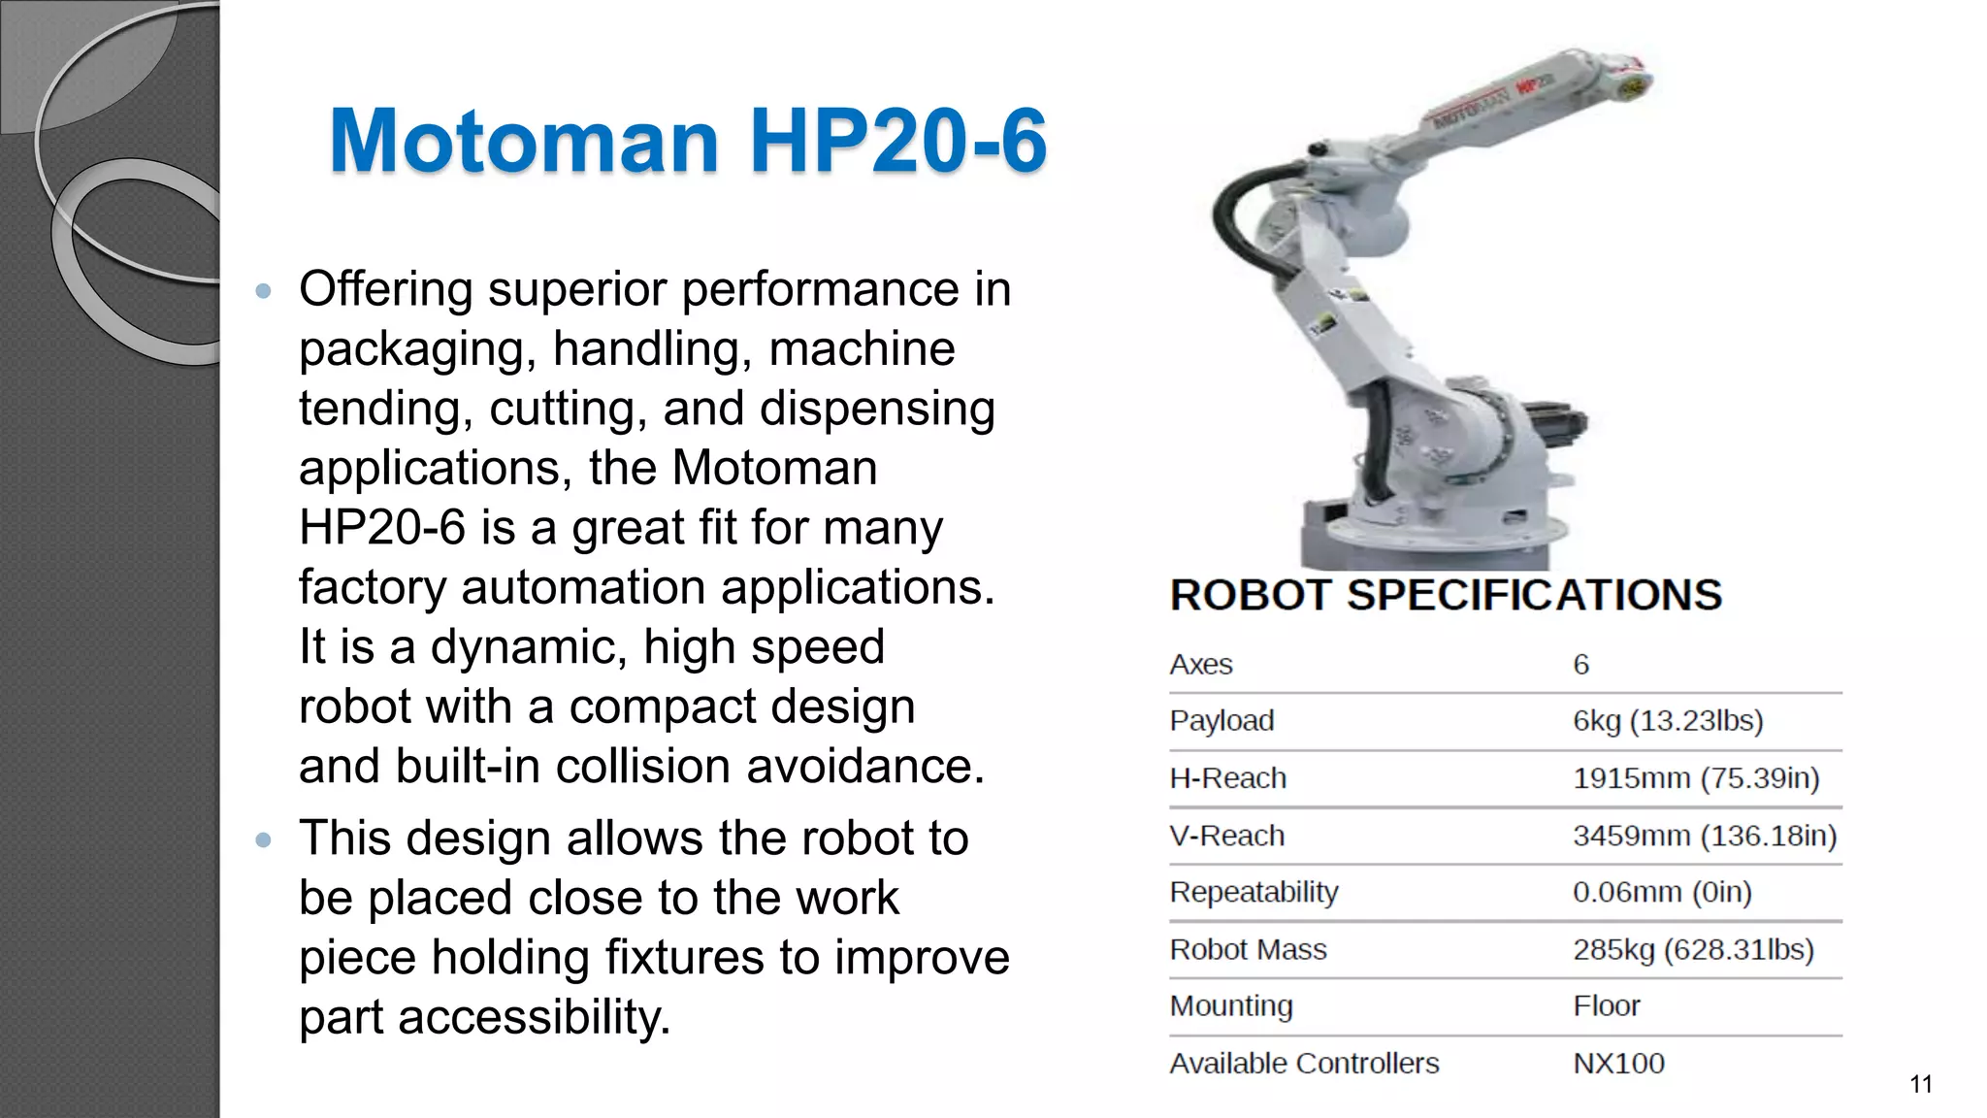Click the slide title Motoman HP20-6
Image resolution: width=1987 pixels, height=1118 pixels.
[x=688, y=141]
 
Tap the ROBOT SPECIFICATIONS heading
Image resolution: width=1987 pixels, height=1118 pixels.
[x=1446, y=595]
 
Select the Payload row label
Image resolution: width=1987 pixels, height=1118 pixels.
[x=1222, y=721]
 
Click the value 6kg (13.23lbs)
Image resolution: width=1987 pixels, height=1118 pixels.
[x=1668, y=721]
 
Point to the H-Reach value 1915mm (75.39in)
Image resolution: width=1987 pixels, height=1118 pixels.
[x=1696, y=778]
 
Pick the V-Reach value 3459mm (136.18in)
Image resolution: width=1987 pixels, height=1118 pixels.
[x=1705, y=836]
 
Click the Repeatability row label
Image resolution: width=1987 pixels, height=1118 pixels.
[x=1254, y=892]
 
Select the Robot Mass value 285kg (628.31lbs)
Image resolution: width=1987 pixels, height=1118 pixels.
[x=1693, y=949]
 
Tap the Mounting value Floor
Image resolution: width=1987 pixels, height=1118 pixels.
[x=1607, y=1005]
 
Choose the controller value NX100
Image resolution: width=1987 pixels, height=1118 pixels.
[x=1618, y=1064]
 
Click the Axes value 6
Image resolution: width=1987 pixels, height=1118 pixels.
[x=1581, y=665]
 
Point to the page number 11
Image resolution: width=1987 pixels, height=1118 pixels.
[x=1921, y=1084]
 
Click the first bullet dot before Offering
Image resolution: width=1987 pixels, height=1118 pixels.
[x=263, y=290]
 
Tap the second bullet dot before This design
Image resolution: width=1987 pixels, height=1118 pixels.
[x=263, y=839]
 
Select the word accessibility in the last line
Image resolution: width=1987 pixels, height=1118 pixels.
[x=534, y=1018]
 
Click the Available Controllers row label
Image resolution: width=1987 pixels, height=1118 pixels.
[x=1304, y=1064]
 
